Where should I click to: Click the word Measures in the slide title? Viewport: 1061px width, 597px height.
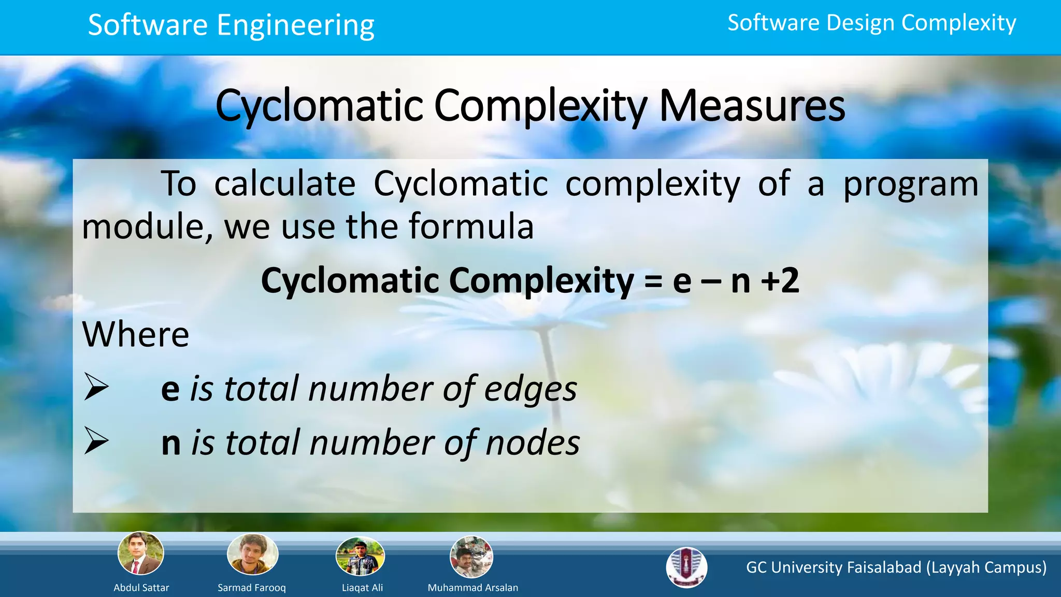pos(752,106)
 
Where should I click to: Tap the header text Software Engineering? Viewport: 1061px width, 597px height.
pos(231,25)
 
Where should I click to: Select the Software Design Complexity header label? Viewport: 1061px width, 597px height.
pos(871,23)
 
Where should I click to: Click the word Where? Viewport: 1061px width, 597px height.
pos(136,334)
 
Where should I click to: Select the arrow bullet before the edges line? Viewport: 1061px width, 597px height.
pos(96,388)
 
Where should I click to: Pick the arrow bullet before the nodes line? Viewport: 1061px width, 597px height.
pos(96,442)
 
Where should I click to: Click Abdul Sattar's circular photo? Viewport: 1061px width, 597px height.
pos(141,553)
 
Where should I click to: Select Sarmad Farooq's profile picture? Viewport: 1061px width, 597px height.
pos(252,555)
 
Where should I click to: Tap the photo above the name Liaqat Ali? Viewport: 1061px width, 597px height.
pos(360,557)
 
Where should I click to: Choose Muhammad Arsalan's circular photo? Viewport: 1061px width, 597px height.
pos(471,557)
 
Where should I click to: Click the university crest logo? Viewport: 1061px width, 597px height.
pos(686,567)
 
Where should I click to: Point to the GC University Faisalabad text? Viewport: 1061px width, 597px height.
pos(896,567)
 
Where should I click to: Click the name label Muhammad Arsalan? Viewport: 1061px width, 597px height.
pos(472,588)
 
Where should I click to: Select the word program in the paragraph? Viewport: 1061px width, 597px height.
pos(910,184)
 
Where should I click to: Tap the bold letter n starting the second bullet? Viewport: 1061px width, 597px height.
pos(171,444)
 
